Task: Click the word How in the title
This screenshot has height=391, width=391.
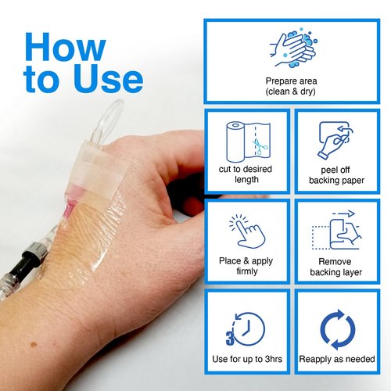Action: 66,47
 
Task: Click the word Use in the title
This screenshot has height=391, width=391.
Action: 109,78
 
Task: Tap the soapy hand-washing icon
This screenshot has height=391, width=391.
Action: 293,48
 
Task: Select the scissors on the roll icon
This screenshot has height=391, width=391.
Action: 259,146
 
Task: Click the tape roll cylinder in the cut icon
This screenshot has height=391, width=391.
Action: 235,142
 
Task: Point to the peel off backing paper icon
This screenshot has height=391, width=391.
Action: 335,140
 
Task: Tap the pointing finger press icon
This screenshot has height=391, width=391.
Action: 247,231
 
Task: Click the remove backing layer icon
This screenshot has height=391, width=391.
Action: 337,231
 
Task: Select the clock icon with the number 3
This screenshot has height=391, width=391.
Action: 246,329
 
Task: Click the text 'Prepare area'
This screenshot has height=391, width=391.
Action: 291,81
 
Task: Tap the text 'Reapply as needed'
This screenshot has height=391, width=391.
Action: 337,359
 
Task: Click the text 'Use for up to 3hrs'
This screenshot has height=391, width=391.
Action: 247,359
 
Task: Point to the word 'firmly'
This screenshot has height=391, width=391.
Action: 247,271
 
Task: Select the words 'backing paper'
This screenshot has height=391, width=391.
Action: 336,181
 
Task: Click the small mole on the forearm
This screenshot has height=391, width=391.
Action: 34,345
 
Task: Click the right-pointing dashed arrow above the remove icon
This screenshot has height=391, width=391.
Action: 343,214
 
